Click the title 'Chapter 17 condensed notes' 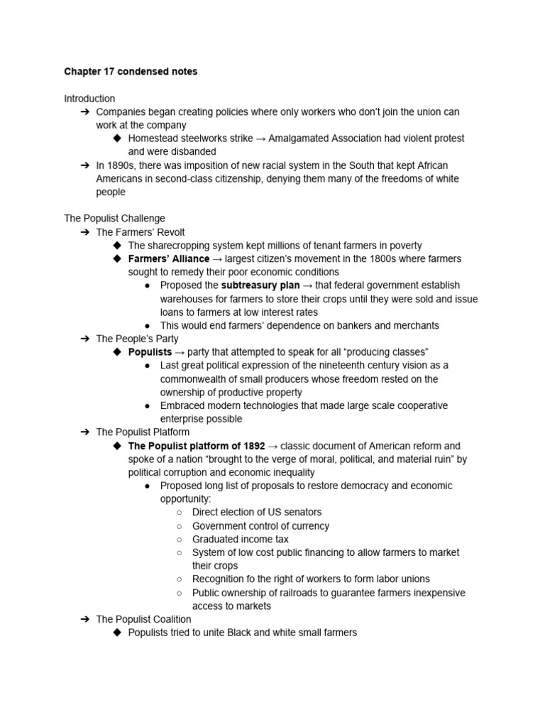click(131, 72)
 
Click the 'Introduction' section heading click(89, 99)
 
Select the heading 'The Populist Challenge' click(114, 219)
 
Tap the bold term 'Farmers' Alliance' click(169, 258)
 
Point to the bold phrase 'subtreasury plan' click(260, 285)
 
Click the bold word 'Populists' click(150, 352)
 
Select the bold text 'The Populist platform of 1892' click(197, 446)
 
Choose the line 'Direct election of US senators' click(257, 512)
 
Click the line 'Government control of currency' click(260, 526)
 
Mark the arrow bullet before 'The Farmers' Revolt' click(85, 232)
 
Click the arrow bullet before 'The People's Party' click(85, 339)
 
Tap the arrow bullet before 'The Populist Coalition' click(85, 619)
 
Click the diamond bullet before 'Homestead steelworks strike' click(117, 138)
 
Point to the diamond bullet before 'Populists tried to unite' click(117, 633)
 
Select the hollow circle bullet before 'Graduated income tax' click(180, 539)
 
